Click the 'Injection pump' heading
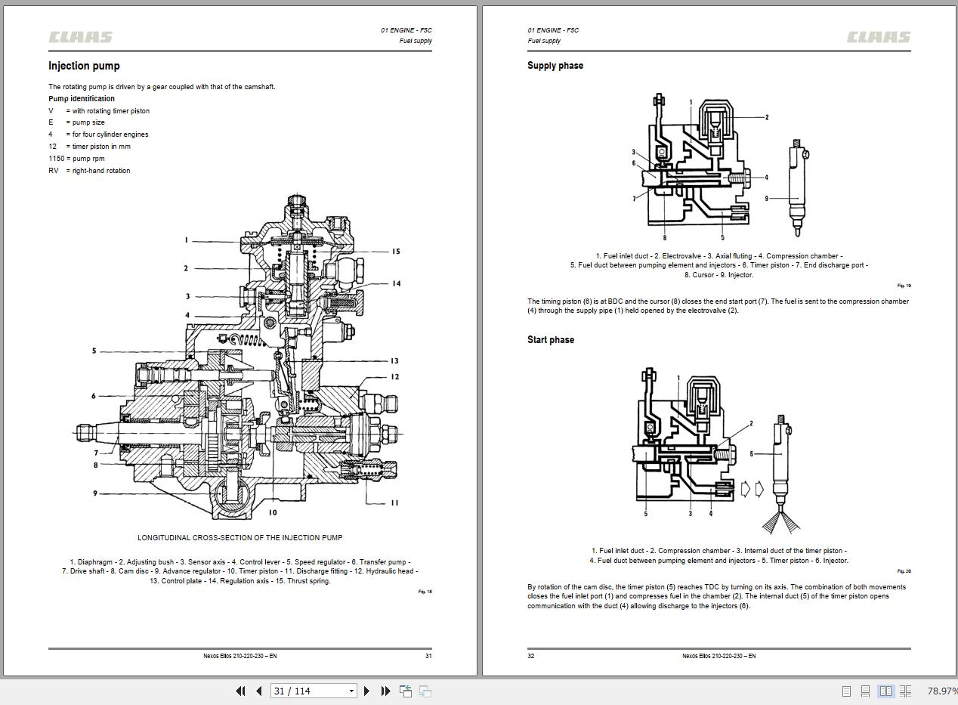[x=84, y=66]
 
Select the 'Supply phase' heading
[x=555, y=66]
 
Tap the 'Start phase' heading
[x=551, y=340]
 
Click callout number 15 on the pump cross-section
[x=395, y=252]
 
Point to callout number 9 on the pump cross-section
[x=95, y=493]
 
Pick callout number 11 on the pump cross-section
[x=394, y=502]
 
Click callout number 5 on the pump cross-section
[x=94, y=351]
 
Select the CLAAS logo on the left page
[x=81, y=37]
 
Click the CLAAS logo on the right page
[x=879, y=37]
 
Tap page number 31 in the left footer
[x=428, y=656]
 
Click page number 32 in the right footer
[x=531, y=656]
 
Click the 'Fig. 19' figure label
[x=904, y=286]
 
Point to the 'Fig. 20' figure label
[x=904, y=571]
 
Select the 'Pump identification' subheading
[x=82, y=98]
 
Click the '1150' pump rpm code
[x=56, y=159]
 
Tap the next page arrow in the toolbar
[x=366, y=691]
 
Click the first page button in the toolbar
[x=240, y=691]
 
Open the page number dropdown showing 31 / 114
[x=351, y=691]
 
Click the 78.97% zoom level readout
[x=941, y=691]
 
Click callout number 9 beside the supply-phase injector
[x=766, y=199]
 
